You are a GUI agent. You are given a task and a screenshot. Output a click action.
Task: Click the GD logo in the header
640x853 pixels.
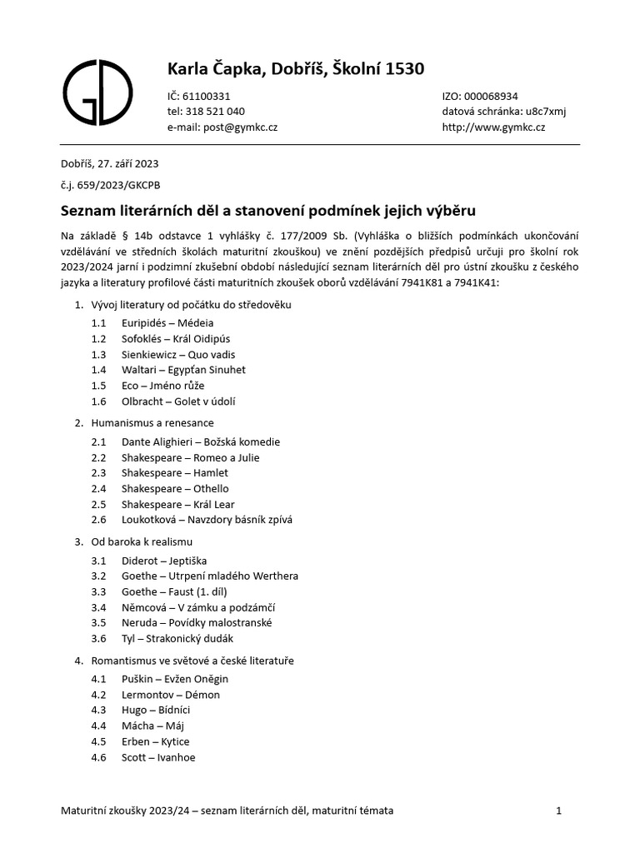pos(97,92)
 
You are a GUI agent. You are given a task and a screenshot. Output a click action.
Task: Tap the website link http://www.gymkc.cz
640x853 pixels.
pos(493,127)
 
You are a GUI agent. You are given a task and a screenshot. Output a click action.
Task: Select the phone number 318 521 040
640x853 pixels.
pos(213,112)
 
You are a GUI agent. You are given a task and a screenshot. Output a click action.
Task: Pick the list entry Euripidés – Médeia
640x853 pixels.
pos(167,322)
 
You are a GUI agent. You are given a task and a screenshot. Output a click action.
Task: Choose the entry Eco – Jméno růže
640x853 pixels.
pos(162,385)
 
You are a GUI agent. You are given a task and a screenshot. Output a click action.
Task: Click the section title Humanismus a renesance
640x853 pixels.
pos(152,423)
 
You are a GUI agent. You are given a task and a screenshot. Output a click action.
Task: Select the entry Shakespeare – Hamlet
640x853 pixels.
pos(174,473)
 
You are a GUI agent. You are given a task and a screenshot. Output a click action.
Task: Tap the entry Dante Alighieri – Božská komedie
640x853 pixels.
pos(200,441)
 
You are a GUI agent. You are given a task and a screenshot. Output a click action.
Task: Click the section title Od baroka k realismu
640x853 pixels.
pos(142,542)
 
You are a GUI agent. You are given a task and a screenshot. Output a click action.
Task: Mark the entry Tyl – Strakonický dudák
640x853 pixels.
pos(177,639)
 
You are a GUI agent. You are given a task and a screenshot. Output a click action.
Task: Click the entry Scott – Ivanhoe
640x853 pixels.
pos(158,757)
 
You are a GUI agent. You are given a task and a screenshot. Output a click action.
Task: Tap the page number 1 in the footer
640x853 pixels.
pos(559,810)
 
